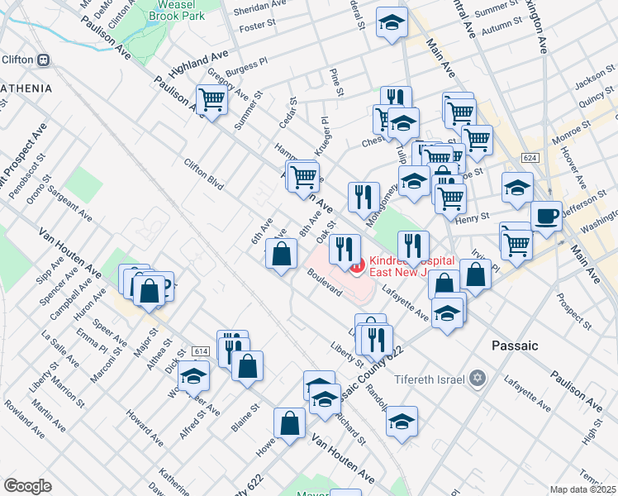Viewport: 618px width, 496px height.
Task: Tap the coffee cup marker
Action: point(546,217)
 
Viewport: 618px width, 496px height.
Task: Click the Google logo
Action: point(27,486)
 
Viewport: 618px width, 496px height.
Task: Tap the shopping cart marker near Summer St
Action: point(212,101)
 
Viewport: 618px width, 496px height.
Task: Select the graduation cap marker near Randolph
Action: point(402,421)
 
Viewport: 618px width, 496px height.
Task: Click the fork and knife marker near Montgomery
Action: point(364,197)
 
